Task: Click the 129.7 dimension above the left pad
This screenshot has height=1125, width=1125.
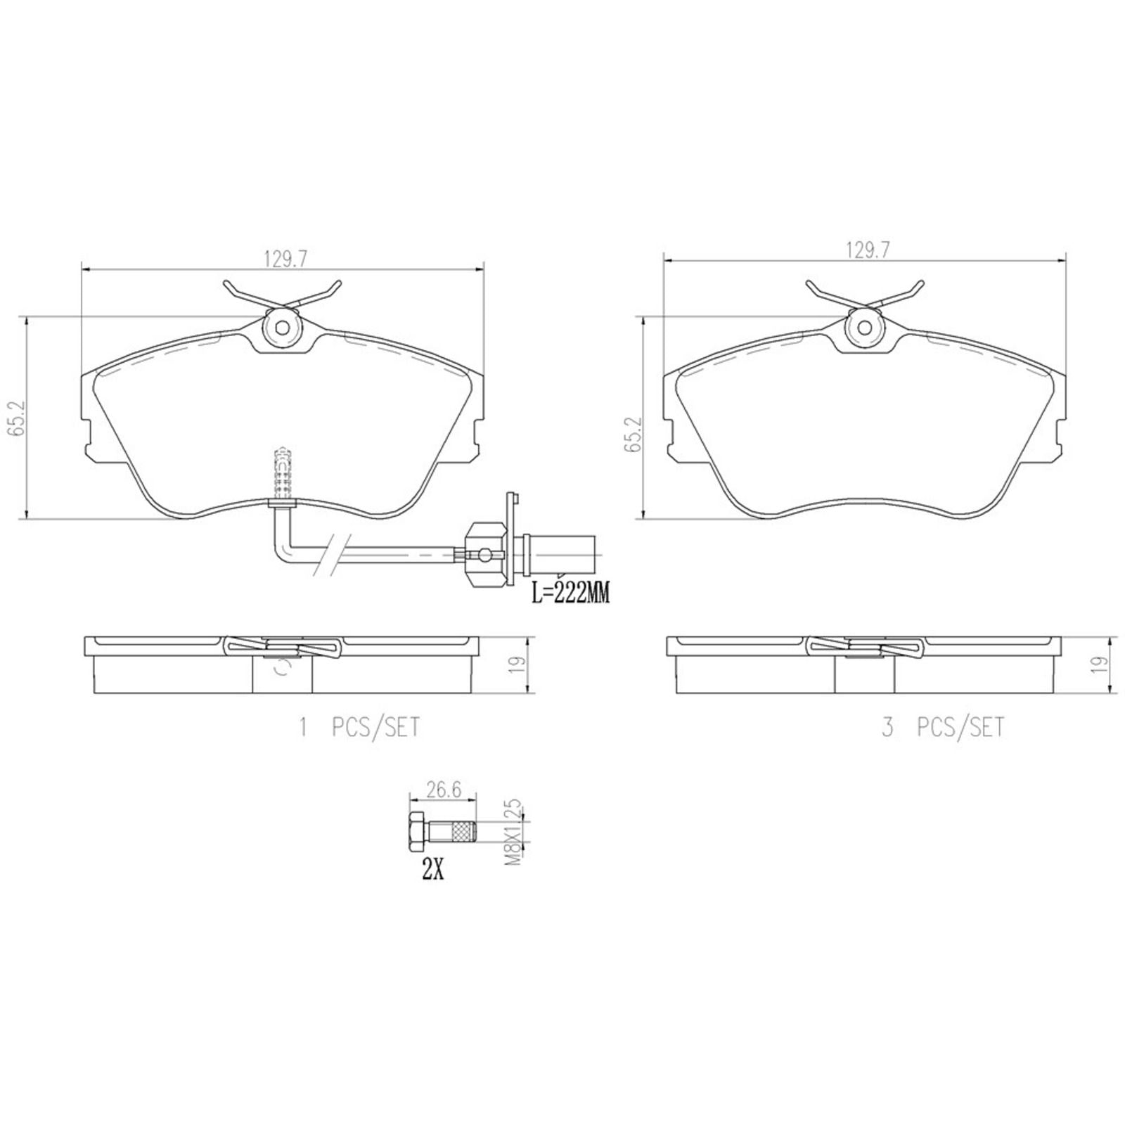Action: [x=285, y=259]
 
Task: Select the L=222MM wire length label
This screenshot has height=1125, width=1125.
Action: [x=570, y=593]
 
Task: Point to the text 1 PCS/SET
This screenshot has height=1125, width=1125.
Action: [x=359, y=727]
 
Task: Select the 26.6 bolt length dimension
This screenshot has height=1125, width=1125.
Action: [x=444, y=790]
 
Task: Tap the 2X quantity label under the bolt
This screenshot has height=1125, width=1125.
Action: [x=432, y=871]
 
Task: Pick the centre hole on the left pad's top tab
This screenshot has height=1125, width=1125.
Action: [x=282, y=328]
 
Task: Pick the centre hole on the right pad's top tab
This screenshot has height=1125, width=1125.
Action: [x=865, y=328]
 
